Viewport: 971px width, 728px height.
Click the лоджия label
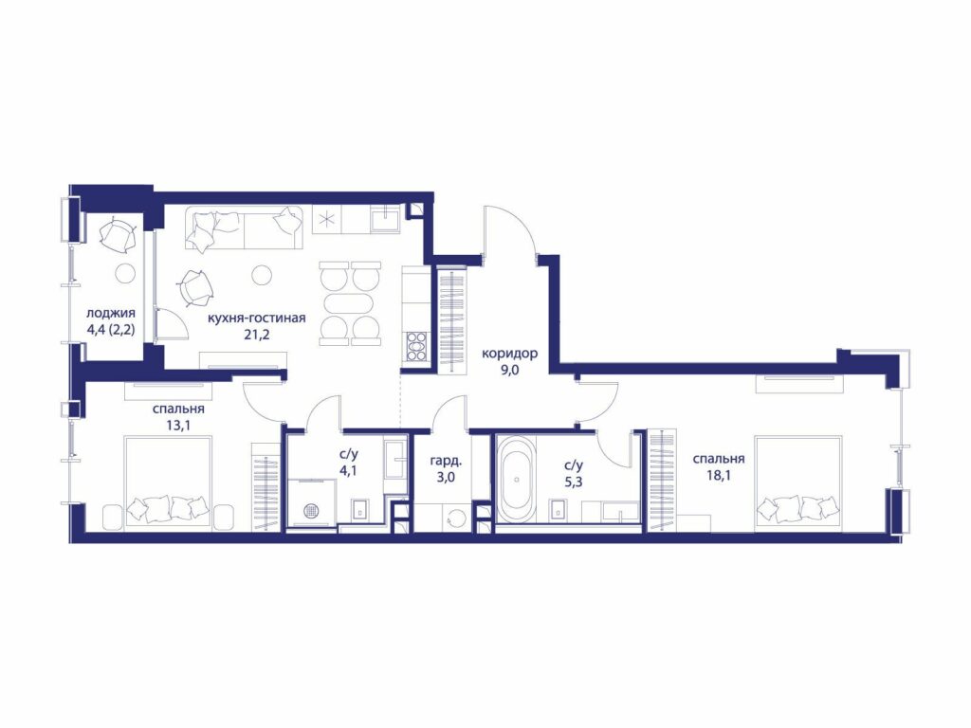[111, 314]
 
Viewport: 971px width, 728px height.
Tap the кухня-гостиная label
[256, 318]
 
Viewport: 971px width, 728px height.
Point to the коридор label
[509, 355]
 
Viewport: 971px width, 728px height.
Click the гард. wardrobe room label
[446, 462]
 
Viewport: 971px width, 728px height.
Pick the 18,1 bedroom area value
[719, 477]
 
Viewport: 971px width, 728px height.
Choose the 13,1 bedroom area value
[178, 426]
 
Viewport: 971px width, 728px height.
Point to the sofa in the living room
[244, 227]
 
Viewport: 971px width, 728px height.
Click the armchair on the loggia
[119, 235]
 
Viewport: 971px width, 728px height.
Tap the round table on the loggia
[126, 272]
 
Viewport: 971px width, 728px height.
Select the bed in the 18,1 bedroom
[798, 483]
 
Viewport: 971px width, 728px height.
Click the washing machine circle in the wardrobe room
[458, 519]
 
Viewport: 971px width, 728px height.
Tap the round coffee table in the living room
[263, 274]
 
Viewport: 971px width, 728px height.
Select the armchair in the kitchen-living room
[197, 287]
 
